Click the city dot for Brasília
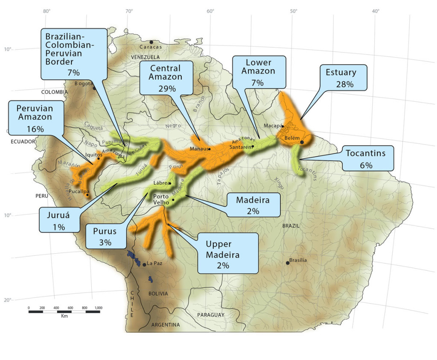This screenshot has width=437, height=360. [288, 263]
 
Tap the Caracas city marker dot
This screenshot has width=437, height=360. [151, 42]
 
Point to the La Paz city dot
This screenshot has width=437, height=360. [144, 265]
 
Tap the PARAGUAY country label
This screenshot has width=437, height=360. [211, 315]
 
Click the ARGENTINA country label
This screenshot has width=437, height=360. [166, 325]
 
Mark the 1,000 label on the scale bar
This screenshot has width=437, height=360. [98, 307]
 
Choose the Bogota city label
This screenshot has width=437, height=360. [84, 83]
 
